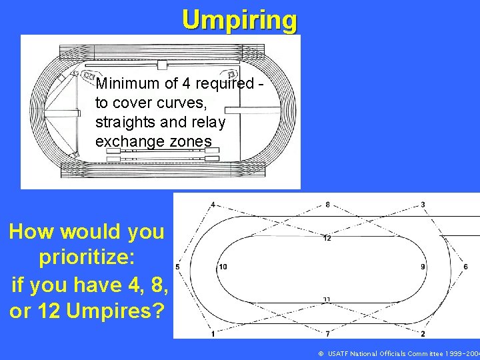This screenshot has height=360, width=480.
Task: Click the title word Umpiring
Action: [x=240, y=20]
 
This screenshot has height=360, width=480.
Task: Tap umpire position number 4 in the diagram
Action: [x=213, y=204]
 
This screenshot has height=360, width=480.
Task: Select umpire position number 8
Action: [x=327, y=204]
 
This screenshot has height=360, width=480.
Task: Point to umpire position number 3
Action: [x=423, y=204]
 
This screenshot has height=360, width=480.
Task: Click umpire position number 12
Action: [x=327, y=237]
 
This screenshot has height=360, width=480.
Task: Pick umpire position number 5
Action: [x=177, y=267]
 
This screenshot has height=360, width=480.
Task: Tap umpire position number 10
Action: [x=223, y=267]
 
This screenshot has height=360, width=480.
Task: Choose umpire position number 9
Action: [x=423, y=267]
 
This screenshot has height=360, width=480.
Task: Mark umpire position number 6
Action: [x=465, y=267]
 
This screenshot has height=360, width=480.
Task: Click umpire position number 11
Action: [x=327, y=299]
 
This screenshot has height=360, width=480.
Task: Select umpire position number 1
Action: [x=213, y=333]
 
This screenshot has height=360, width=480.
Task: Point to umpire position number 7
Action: [x=327, y=333]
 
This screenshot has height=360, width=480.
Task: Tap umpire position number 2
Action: [x=423, y=333]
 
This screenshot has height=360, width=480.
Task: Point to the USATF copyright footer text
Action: [x=398, y=353]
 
